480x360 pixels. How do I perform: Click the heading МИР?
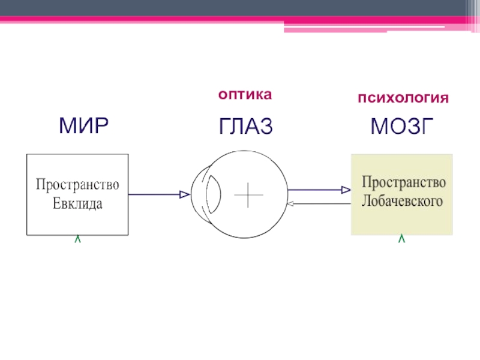tap(83, 127)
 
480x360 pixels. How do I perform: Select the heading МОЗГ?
tap(401, 127)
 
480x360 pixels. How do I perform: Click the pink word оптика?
tap(245, 94)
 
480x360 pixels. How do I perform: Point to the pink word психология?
tap(403, 97)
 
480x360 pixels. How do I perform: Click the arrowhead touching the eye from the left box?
tap(185, 194)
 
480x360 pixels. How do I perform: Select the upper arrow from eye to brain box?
tap(318, 190)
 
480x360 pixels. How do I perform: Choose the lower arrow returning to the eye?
tap(318, 204)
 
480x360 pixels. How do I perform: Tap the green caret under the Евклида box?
tap(77, 239)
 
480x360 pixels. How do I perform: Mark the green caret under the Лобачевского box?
tap(401, 239)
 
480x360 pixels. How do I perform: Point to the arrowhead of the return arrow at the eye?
tap(290, 204)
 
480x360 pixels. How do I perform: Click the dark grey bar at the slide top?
tap(240, 8)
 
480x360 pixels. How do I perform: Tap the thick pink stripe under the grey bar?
tap(180, 20)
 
